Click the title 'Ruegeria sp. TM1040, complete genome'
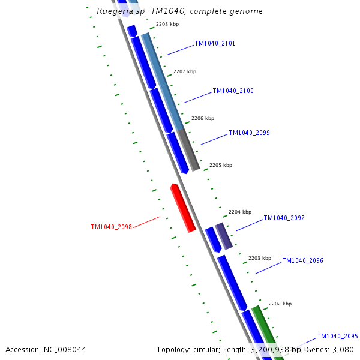coord(179,11)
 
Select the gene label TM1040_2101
coord(215,44)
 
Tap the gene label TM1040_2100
coord(233,91)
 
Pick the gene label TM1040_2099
coord(249,133)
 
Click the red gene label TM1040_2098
coord(111,227)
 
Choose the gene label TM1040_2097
coord(284,218)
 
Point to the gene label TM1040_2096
coord(302,261)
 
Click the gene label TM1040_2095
coord(337,337)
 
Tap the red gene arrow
coord(183,208)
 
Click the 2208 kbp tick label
coord(167,25)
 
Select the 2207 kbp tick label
coord(185,72)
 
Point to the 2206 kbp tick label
coord(203,119)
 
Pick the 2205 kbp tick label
coord(221,165)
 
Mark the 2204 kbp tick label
coord(240,212)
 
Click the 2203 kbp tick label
coord(260,258)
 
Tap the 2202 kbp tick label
coord(280,304)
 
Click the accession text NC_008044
coord(46,350)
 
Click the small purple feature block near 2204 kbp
coord(224,236)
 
